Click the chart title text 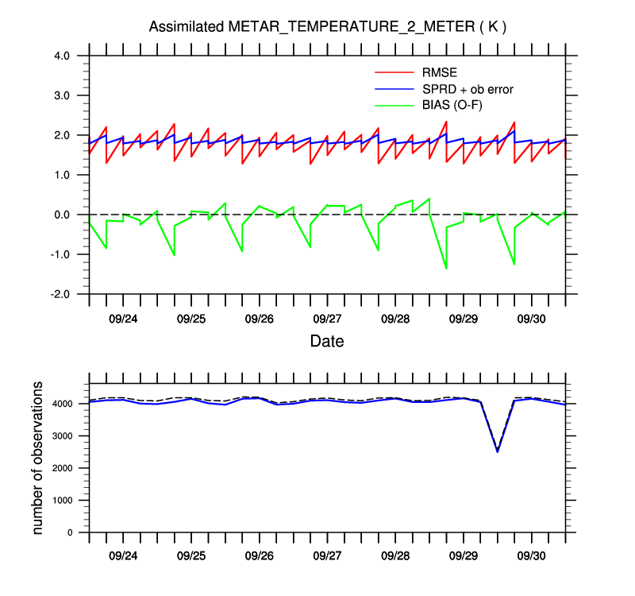[328, 27]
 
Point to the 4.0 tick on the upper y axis [62, 56]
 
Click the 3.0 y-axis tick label [62, 95]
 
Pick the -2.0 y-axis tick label [60, 294]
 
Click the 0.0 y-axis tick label [62, 215]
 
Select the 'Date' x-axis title [327, 341]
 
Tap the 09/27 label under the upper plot [327, 318]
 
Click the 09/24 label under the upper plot [123, 318]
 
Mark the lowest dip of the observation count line [497, 451]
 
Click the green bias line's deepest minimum [446, 269]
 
